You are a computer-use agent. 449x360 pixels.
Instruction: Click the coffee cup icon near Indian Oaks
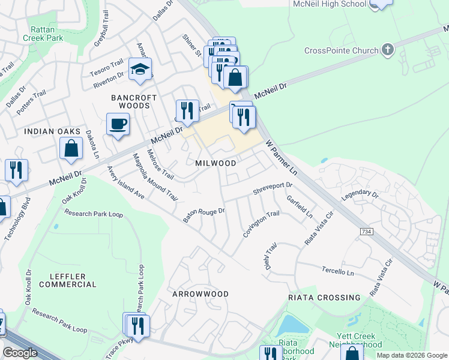pos(118,124)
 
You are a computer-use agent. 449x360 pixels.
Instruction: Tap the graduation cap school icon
pos(140,70)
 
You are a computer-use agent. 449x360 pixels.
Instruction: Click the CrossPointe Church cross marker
pos(387,49)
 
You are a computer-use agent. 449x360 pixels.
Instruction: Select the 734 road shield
pos(365,231)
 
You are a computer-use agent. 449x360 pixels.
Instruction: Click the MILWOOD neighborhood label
pos(215,163)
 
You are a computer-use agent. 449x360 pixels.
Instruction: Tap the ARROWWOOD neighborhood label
pos(200,294)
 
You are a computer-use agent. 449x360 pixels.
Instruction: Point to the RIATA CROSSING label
pos(324,297)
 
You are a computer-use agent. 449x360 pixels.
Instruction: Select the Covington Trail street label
pos(261,224)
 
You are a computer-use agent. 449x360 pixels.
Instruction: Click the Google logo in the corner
pos(20,353)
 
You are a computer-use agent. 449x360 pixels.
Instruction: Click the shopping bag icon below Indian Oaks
pos(71,148)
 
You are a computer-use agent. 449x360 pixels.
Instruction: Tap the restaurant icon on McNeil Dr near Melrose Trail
pos(187,110)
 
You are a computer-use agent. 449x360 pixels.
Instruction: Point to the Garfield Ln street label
pos(300,206)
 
